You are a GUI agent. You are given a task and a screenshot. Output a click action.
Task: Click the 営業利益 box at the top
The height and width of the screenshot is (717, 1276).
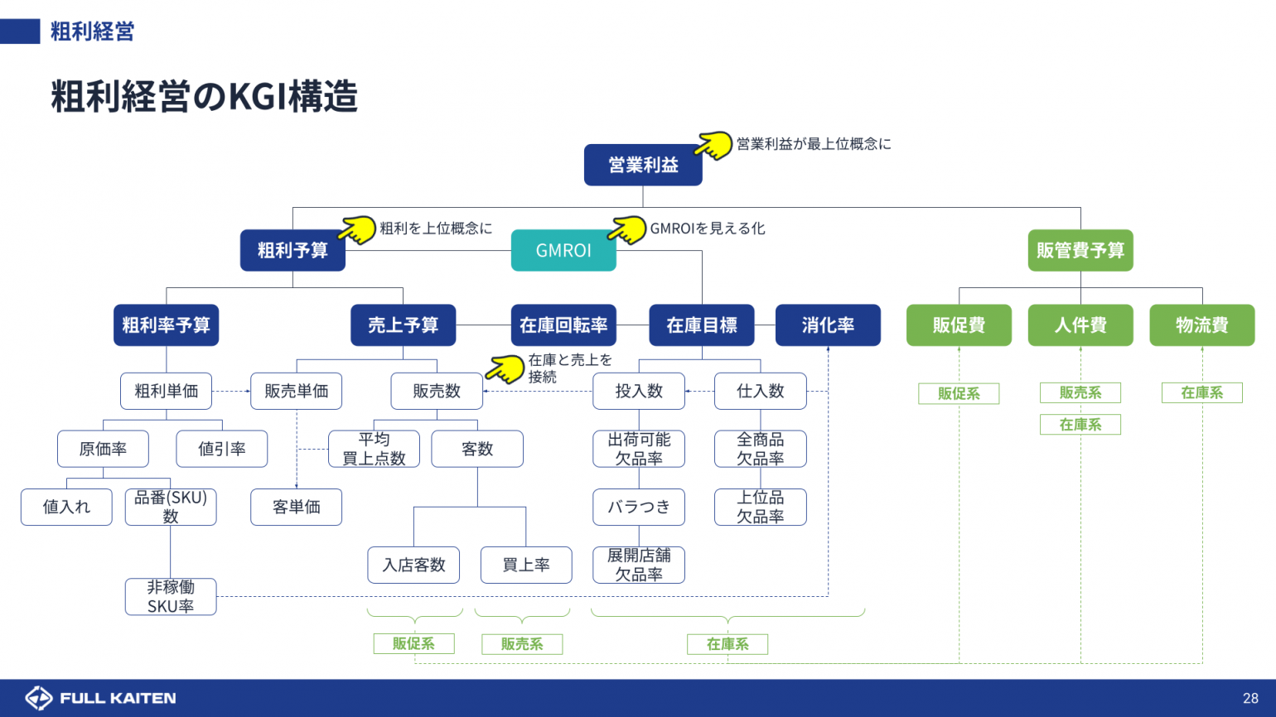point(643,165)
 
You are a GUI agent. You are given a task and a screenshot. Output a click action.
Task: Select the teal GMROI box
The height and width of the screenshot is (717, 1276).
point(563,250)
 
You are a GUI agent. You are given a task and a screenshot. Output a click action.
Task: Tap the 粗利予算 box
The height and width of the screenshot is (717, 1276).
point(292,250)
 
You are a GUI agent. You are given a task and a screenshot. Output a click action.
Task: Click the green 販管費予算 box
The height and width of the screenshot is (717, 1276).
point(1080,250)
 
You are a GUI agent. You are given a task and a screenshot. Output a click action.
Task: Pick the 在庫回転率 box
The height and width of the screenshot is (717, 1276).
point(563,325)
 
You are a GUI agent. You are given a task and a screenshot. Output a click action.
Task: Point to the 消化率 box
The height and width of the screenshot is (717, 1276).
point(828,325)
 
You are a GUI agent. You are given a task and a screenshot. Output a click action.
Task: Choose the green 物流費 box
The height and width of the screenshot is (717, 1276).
point(1201,325)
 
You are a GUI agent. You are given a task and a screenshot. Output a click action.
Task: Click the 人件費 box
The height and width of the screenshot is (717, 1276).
point(1080,325)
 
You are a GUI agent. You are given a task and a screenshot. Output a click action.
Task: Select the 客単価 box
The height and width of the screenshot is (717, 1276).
point(296,507)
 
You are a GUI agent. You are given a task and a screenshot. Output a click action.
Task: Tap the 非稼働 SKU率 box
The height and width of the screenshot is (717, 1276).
point(171,596)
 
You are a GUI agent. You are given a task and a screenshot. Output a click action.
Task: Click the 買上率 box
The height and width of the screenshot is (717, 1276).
point(526,565)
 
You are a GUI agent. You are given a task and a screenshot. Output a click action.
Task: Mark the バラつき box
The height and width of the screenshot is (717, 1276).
point(639,507)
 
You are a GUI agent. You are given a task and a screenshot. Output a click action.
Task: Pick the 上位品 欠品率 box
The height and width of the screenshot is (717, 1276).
point(760,507)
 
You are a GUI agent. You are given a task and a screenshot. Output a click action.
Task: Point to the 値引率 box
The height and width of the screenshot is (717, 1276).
point(222,449)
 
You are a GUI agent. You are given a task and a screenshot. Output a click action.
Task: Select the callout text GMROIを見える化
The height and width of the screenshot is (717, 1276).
point(708,229)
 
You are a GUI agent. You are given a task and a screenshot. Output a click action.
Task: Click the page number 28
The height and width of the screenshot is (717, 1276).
point(1250,698)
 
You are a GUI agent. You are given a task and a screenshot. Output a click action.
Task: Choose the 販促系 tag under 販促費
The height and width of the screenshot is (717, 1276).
point(959,393)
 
